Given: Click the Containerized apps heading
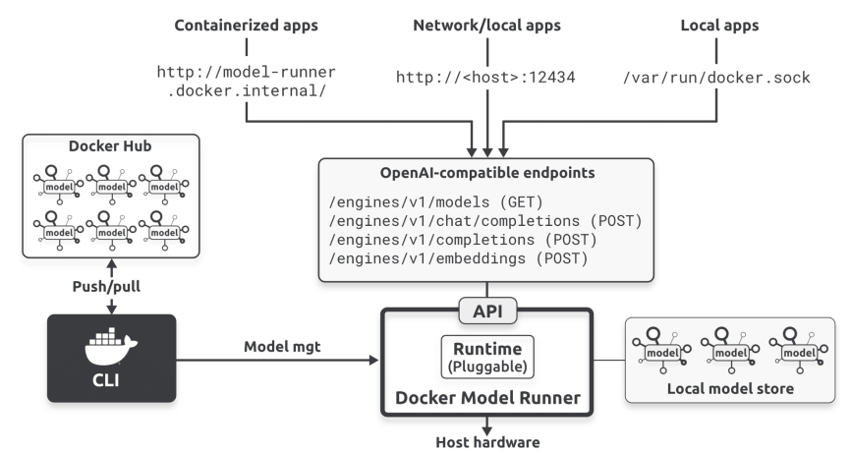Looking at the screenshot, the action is pyautogui.click(x=246, y=26).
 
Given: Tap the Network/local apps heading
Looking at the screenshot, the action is pyautogui.click(x=486, y=26).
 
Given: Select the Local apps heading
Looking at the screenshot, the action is pyautogui.click(x=719, y=26).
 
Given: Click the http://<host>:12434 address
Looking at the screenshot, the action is pyautogui.click(x=485, y=77).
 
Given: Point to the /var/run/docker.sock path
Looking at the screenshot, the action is pyautogui.click(x=716, y=77).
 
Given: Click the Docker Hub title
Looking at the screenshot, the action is pyautogui.click(x=110, y=146).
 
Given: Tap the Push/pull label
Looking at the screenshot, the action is pyautogui.click(x=106, y=287).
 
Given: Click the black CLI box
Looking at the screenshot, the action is pyautogui.click(x=112, y=358).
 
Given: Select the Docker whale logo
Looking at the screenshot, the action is pyautogui.click(x=111, y=346).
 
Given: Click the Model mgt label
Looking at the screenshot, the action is pyautogui.click(x=282, y=347).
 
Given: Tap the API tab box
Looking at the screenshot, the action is pyautogui.click(x=487, y=311).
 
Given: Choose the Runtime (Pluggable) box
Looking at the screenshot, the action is pyautogui.click(x=487, y=357).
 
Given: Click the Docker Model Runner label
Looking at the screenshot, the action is pyautogui.click(x=487, y=398).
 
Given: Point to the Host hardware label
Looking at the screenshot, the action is pyautogui.click(x=487, y=442).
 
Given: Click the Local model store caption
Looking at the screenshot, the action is pyautogui.click(x=730, y=388).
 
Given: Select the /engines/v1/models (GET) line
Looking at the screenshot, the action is pyautogui.click(x=435, y=202).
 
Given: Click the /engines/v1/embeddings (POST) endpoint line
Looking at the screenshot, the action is pyautogui.click(x=459, y=258).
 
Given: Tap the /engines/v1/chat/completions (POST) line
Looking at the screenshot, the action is pyautogui.click(x=485, y=221).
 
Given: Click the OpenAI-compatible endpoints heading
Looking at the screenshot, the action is pyautogui.click(x=486, y=173).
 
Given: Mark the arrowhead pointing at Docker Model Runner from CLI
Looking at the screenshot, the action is pyautogui.click(x=374, y=360).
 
